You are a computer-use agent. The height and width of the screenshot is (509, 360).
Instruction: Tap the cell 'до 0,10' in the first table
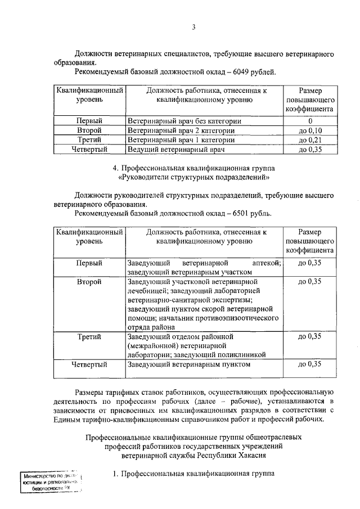tap(309, 130)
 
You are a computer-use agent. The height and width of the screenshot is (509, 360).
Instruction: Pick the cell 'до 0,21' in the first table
tap(309, 140)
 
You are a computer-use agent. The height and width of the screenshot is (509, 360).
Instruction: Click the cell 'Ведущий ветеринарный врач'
tap(176, 150)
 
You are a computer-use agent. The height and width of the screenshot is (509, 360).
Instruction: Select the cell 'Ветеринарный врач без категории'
tap(184, 121)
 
